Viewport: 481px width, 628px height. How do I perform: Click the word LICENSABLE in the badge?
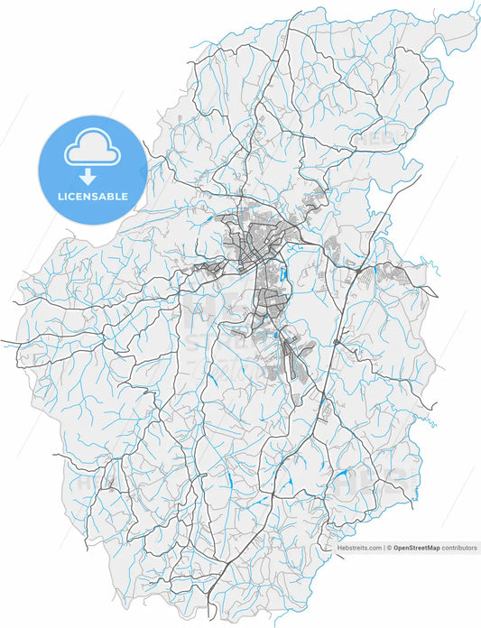tap(93, 196)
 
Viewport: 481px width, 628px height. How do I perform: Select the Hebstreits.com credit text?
tap(356, 548)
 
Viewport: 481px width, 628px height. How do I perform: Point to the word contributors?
tap(459, 548)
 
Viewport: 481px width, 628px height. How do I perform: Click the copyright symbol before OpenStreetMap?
tap(390, 548)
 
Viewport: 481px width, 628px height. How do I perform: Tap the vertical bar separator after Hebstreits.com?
tap(383, 548)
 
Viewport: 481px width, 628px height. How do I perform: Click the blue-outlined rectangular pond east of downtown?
tap(282, 272)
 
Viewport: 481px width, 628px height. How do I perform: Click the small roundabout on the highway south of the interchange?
tap(336, 343)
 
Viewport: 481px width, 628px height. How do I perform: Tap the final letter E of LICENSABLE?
tap(125, 196)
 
